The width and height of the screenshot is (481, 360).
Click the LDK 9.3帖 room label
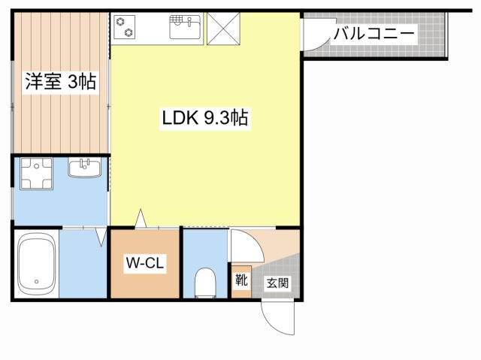pos(204,118)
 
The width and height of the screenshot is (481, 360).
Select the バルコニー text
pos(374,33)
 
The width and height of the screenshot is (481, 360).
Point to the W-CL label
pos(144,263)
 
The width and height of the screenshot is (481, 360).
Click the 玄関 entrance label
pos(277,283)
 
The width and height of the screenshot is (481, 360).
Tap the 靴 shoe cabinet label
pos(240,280)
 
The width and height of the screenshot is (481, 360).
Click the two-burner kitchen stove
pos(126,26)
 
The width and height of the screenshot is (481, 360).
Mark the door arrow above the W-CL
pos(140,218)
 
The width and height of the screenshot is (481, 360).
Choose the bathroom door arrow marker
pos(101,237)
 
